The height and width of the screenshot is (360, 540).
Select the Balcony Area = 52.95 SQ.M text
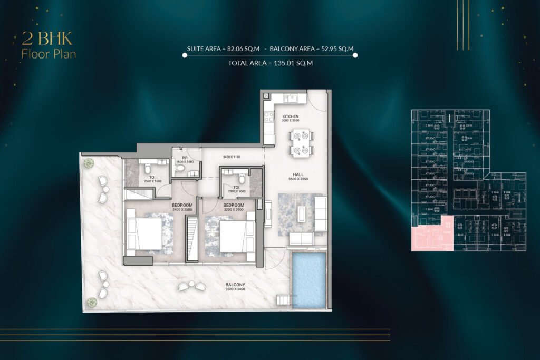[x=311, y=49]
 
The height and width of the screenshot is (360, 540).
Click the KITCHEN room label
[x=291, y=116]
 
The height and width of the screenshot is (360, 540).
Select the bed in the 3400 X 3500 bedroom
[x=144, y=233]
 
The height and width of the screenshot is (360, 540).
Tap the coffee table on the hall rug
[x=301, y=213]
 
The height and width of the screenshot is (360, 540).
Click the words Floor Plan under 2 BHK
[x=49, y=53]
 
